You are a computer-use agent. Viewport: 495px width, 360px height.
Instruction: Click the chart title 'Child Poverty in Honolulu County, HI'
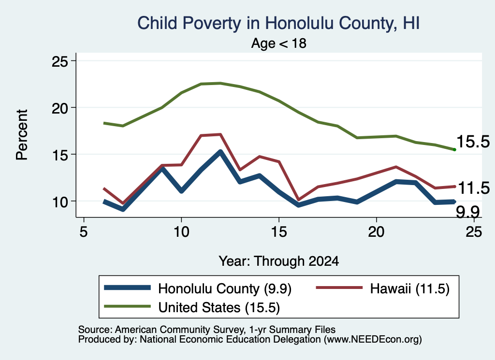click(x=278, y=23)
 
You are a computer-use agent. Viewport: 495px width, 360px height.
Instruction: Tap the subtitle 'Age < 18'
click(x=279, y=43)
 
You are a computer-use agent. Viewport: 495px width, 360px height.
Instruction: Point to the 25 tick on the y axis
click(x=60, y=61)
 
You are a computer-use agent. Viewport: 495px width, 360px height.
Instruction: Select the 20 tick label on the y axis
click(x=60, y=108)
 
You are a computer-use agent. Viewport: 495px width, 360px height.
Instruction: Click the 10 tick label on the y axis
click(x=60, y=202)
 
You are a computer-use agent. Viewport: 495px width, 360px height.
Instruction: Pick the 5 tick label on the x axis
click(x=83, y=232)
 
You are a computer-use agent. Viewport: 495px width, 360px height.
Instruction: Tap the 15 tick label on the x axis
click(x=279, y=232)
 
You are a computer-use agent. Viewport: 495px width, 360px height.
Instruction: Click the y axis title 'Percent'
click(x=22, y=135)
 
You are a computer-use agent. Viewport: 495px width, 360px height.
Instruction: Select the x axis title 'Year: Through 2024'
click(x=279, y=261)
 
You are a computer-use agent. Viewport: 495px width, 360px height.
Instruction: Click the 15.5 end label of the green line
click(x=473, y=142)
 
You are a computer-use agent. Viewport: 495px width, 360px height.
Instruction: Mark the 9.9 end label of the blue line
click(x=468, y=212)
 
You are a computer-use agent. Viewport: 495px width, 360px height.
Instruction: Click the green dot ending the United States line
click(x=454, y=149)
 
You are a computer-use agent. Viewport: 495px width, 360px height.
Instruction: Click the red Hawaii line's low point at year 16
click(x=298, y=200)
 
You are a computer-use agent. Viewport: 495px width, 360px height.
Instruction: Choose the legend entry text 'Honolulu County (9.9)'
click(x=225, y=288)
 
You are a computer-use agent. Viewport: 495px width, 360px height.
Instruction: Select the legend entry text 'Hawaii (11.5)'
click(x=410, y=288)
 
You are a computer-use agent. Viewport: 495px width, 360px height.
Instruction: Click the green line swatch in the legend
click(x=127, y=306)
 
